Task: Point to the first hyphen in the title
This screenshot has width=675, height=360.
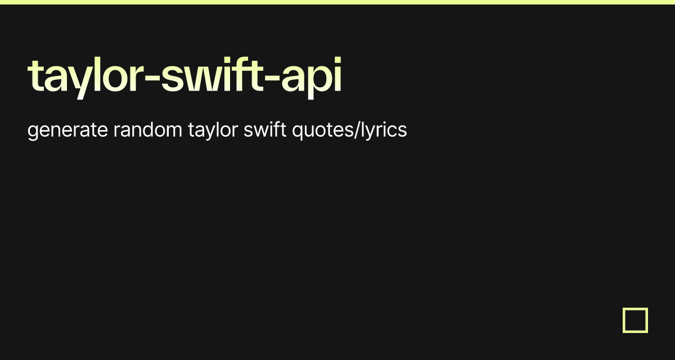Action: click(152, 79)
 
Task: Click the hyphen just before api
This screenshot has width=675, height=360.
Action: click(272, 79)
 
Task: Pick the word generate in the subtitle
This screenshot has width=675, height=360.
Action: click(67, 130)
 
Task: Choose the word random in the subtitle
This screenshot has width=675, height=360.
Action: click(147, 129)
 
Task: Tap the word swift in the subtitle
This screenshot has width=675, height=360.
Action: click(265, 129)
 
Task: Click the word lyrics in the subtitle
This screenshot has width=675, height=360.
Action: click(384, 130)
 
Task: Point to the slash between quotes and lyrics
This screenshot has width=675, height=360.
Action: click(357, 130)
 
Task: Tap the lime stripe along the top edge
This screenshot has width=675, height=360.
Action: click(337, 2)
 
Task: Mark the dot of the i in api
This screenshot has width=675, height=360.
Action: click(338, 60)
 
